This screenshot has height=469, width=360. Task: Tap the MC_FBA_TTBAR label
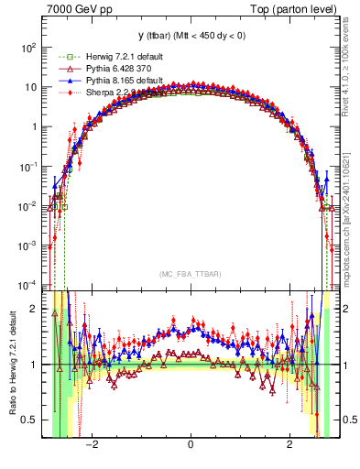[x=190, y=273]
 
